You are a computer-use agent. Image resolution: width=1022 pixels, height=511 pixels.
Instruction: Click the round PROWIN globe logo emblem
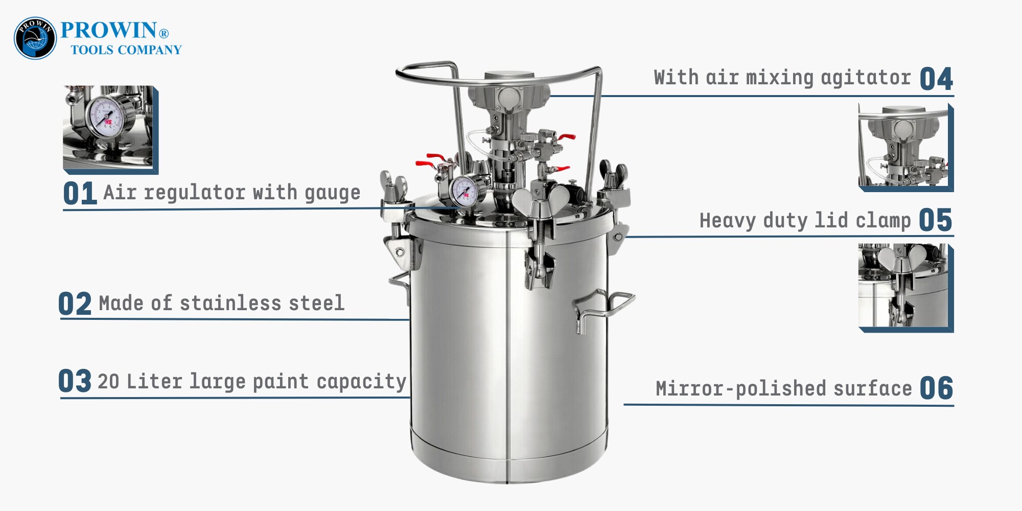coord(35,38)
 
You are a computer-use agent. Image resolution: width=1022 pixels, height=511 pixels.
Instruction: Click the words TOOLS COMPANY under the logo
coord(126,50)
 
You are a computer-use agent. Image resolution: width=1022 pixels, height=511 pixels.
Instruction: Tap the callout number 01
coord(80,194)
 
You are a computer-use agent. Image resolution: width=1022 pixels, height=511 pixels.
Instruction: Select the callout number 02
coord(75,304)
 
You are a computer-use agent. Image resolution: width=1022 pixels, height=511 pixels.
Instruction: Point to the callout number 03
coord(75,381)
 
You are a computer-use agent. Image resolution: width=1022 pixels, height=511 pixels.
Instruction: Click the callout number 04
coord(936,80)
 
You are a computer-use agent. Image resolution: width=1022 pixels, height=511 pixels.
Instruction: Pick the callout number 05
coord(935,220)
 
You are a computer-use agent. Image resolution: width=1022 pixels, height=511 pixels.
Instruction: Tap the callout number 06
coord(936,388)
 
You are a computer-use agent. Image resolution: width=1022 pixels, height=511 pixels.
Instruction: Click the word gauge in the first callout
coord(333,193)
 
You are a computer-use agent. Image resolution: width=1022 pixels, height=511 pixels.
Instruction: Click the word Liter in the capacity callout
coord(154,382)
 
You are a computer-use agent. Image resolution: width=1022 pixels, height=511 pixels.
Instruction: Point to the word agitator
coord(866,78)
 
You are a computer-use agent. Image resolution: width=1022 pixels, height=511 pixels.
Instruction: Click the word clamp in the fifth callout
coord(883,221)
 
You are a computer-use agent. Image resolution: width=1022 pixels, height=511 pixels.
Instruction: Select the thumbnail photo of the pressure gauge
coord(110,129)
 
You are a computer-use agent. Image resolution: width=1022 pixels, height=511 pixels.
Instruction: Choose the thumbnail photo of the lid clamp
coord(906,288)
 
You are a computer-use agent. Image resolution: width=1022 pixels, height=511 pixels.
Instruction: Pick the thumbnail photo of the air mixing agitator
coord(906,148)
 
